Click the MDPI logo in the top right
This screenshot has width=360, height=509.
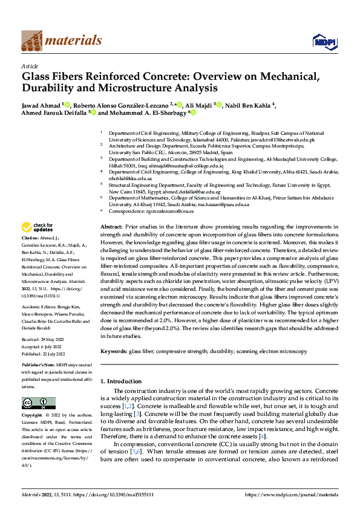click(322, 40)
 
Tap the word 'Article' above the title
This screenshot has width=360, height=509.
click(30, 66)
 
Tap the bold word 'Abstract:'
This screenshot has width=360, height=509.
click(111, 225)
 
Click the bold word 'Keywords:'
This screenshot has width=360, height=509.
click(113, 351)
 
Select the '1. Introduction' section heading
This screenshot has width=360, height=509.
click(120, 381)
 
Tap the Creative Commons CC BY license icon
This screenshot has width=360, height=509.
click(35, 403)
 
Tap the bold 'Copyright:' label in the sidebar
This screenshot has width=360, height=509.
click(32, 416)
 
